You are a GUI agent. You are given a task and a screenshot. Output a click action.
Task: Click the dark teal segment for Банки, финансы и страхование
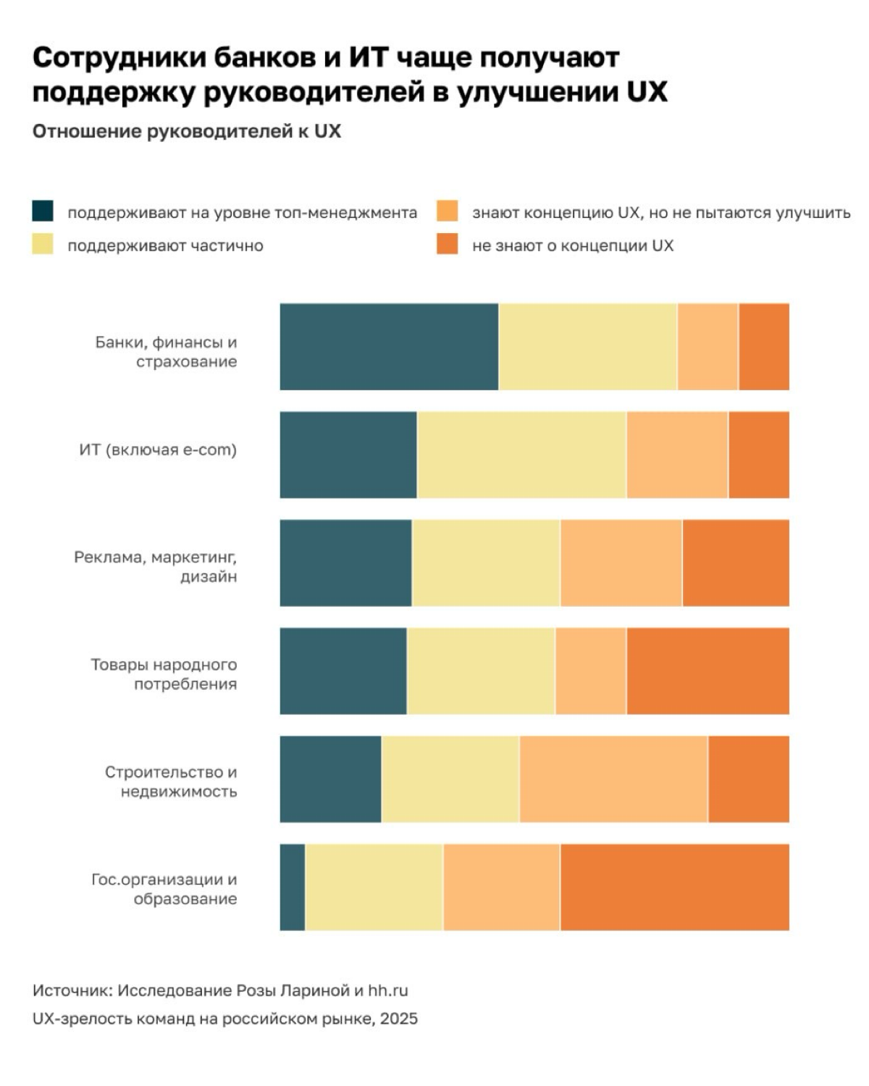pos(389,346)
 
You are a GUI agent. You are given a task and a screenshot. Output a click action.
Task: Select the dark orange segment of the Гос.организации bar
pos(675,887)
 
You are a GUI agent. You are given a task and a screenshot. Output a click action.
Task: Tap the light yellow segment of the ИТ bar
pos(521,455)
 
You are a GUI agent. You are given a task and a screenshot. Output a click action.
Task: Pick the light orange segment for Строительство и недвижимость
pos(613,779)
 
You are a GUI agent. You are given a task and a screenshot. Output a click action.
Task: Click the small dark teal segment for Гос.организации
pos(293,887)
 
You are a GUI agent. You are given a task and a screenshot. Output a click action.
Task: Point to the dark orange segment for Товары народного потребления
pos(708,670)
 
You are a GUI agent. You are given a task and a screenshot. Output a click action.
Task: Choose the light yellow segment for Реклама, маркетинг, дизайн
pos(486,563)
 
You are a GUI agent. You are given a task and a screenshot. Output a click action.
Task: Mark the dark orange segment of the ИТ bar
pos(759,455)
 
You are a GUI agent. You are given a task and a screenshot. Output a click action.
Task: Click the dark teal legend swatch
pos(43,211)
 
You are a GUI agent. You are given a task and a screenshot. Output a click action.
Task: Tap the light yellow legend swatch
pos(43,244)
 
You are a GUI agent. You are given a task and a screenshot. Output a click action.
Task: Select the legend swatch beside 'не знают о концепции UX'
pos(447,244)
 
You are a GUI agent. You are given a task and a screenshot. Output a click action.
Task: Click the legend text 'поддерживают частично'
pos(166,245)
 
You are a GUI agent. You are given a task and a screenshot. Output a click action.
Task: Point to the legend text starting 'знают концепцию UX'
pos(661,213)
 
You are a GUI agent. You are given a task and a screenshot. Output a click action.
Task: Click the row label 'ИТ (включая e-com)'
pos(158,450)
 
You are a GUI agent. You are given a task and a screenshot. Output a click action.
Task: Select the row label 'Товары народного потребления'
pos(164,674)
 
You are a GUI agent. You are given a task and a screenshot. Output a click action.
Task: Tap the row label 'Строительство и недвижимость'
pos(171,782)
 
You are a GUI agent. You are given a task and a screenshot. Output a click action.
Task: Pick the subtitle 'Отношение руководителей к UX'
pos(187,131)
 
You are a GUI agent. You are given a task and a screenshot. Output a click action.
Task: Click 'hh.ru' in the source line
pos(388,990)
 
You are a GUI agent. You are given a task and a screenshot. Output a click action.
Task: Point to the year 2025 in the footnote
pos(399,1019)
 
